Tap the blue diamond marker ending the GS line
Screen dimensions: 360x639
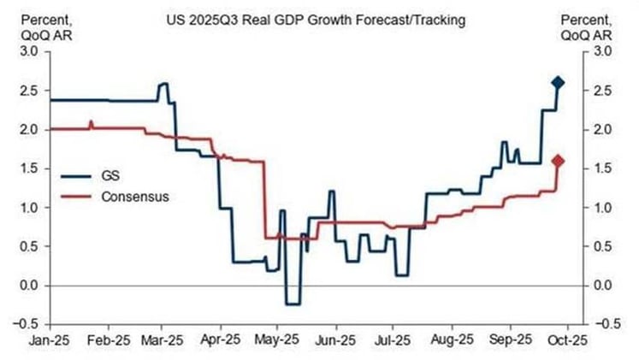tap(558, 83)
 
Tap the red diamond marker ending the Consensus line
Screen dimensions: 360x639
tap(558, 161)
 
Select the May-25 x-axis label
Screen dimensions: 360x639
tap(274, 341)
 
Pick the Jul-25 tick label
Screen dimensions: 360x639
tap(388, 341)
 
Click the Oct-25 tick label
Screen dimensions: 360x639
tap(565, 341)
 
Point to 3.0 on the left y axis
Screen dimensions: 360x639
tap(29, 51)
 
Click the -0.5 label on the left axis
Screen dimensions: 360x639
tap(27, 324)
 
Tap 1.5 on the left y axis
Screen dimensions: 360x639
tap(29, 168)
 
